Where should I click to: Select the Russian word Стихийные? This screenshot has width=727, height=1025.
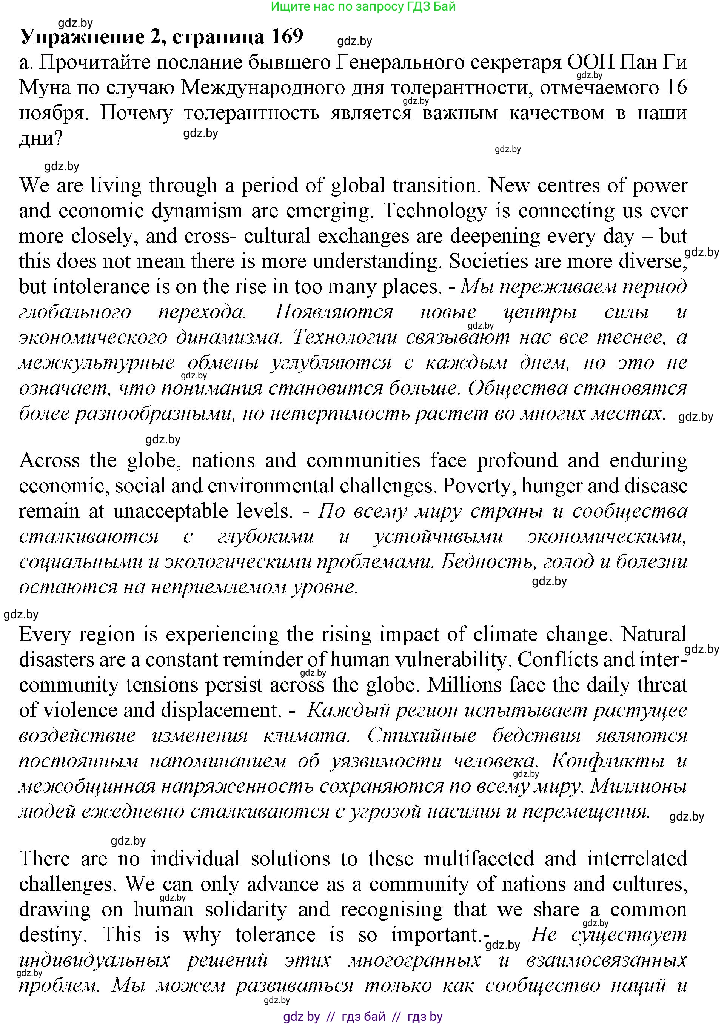(422, 736)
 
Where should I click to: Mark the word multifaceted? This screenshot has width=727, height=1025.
(479, 859)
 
